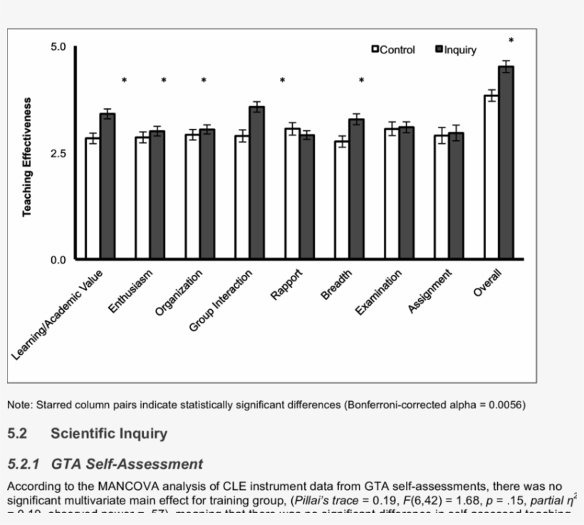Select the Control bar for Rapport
[292, 193]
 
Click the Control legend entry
[393, 50]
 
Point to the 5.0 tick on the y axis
[58, 47]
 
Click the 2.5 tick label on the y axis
[58, 153]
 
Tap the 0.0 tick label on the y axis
[58, 259]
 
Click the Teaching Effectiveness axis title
[27, 157]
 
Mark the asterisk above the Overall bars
[511, 41]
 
